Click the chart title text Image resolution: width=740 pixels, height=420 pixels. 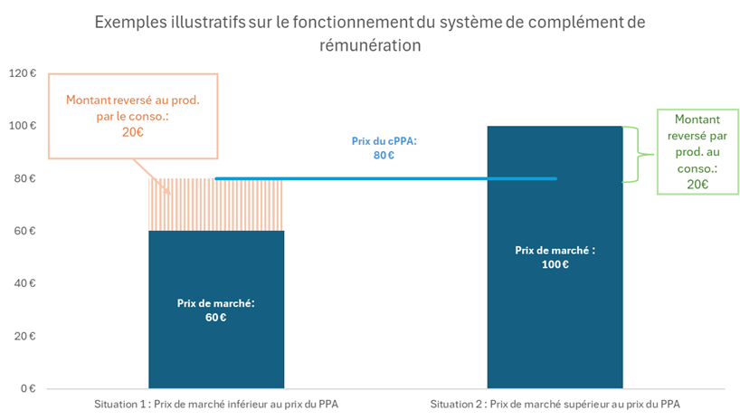tap(370, 33)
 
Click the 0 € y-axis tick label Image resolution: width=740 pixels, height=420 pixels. tap(24, 388)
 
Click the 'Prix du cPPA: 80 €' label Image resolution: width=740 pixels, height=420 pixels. tap(384, 148)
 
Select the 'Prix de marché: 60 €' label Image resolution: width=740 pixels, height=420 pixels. tap(215, 310)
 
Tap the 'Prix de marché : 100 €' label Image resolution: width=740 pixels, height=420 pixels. tap(555, 257)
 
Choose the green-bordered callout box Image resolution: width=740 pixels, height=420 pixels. tap(697, 151)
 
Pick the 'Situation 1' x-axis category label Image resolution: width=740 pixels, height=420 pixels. tap(216, 404)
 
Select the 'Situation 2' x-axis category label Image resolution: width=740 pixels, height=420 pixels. tap(554, 404)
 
